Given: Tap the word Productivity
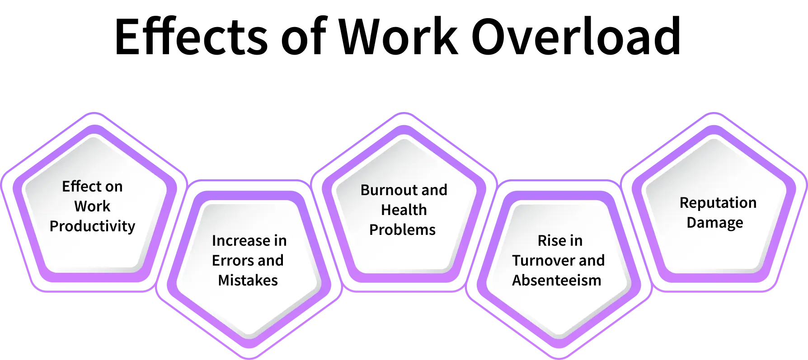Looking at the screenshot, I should (92, 226).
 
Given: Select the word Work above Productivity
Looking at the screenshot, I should (92, 206).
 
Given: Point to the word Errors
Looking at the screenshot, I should (228, 260).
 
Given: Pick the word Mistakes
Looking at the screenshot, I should (248, 280).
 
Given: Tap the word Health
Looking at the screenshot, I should (404, 210).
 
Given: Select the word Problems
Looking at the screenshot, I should (402, 229).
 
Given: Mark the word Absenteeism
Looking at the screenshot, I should (557, 280).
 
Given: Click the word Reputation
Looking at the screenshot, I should (718, 202).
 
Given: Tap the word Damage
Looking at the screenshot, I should (714, 222).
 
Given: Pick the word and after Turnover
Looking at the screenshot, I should (592, 260).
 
